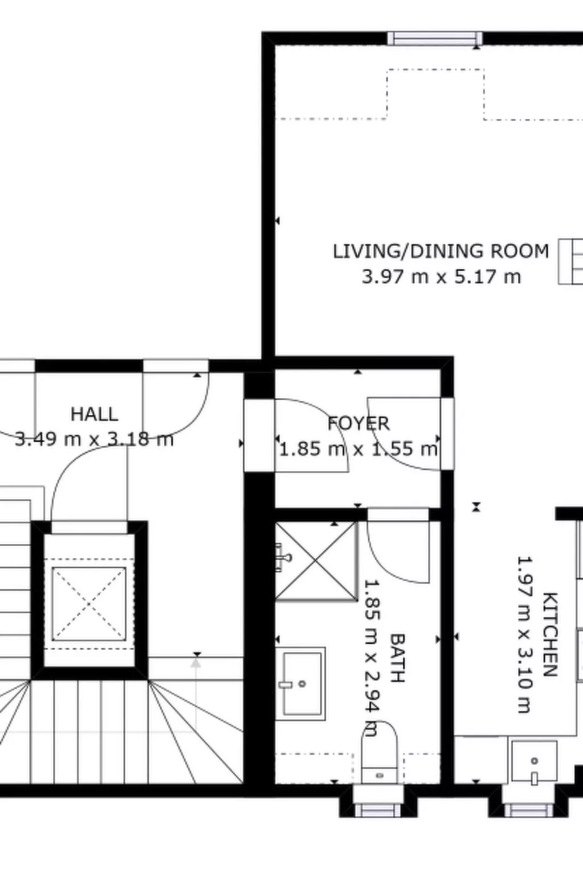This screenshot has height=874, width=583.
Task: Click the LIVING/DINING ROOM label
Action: click(x=441, y=251)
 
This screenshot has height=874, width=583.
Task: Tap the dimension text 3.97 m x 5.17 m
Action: click(x=441, y=277)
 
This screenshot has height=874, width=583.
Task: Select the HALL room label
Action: click(x=95, y=414)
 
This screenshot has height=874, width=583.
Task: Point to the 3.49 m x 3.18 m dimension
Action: click(x=94, y=439)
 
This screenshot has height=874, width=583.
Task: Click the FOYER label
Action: click(x=359, y=423)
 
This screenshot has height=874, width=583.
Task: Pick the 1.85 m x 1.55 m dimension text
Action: click(x=359, y=449)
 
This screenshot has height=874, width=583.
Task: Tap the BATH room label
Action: click(x=397, y=658)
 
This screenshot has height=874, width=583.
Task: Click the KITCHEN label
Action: click(x=549, y=634)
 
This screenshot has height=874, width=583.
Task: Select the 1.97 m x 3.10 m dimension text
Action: click(x=524, y=634)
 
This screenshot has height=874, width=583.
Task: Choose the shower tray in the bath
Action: click(x=316, y=561)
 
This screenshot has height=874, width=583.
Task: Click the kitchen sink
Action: click(x=533, y=761)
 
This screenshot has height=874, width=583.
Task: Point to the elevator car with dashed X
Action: click(x=89, y=604)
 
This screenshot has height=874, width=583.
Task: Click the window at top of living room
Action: click(x=435, y=39)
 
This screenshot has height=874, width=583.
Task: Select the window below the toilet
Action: click(x=378, y=809)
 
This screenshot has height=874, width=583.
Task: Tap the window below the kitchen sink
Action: click(x=529, y=809)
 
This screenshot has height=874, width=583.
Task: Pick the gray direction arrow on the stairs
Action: click(x=196, y=662)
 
